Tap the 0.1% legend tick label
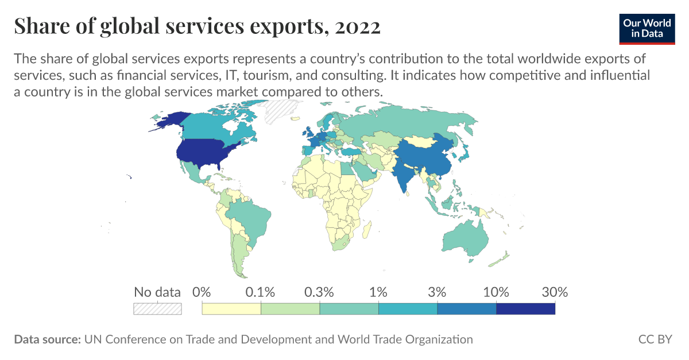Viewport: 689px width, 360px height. (x=261, y=292)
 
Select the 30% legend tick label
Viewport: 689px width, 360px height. (x=555, y=292)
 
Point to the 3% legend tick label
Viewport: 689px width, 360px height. (x=437, y=292)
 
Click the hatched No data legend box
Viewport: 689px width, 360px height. (x=157, y=309)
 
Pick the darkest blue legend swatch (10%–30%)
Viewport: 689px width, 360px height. (x=525, y=309)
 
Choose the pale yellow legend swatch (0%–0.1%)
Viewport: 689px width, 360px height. (x=231, y=309)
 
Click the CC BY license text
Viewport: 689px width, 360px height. (x=655, y=339)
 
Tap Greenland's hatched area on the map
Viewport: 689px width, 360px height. (x=281, y=109)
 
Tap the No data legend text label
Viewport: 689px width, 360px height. (x=157, y=292)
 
